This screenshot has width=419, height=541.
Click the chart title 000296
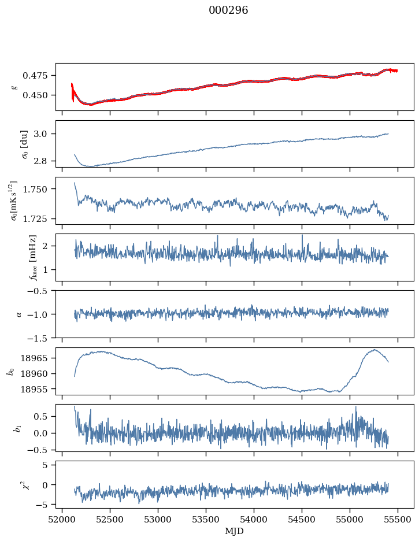coord(228,10)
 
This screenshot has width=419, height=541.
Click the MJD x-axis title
coord(235,531)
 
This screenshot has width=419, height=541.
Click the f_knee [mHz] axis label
coord(33,257)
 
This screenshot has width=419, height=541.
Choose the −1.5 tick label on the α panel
coord(40,338)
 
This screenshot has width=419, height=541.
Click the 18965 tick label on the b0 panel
coord(35,358)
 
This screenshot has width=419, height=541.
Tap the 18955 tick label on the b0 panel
coord(35,389)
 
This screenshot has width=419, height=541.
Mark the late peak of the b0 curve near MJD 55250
coord(374,350)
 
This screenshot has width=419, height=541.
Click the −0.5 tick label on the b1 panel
coord(40,450)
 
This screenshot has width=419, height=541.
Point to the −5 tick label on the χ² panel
coord(43,505)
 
